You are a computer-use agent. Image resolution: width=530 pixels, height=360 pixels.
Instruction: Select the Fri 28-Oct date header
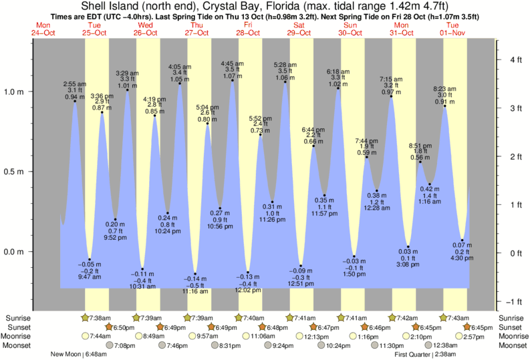(249, 29)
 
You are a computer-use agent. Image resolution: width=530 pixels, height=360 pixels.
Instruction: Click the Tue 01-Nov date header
(454, 29)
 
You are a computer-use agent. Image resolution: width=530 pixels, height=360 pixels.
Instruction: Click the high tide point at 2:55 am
(75, 101)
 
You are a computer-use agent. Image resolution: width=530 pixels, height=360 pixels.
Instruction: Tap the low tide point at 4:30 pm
(462, 240)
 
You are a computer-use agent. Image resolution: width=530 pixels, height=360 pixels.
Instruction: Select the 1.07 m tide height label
(233, 76)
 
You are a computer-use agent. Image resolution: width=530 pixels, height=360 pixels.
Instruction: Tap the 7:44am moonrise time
(99, 336)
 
